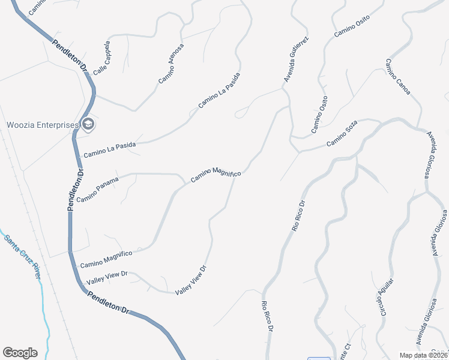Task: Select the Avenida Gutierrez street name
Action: pos(296,60)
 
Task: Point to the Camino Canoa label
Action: pos(398,77)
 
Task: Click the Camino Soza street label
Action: pos(342,135)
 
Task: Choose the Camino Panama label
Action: pos(97,190)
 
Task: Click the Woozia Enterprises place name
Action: pos(43,125)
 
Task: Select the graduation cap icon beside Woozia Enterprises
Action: pos(88,125)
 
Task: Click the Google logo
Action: pos(20,353)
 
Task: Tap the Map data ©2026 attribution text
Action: pos(423,355)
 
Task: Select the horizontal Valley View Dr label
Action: pos(107,277)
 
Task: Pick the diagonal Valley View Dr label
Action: pos(191,280)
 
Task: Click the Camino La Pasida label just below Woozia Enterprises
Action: pos(109,149)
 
